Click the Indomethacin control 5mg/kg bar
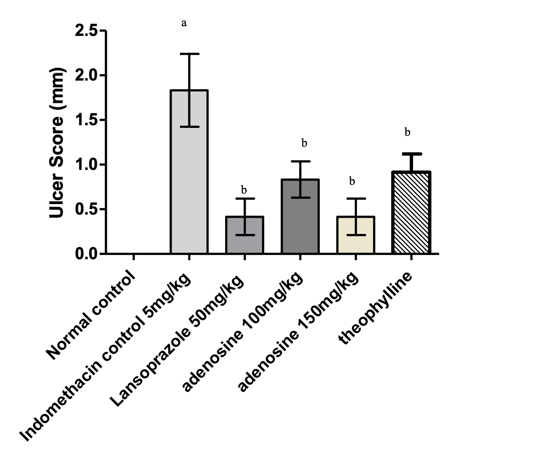[x=189, y=175]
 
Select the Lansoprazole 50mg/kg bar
[x=244, y=236]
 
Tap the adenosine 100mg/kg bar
[x=300, y=219]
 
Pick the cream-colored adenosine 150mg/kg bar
[x=356, y=236]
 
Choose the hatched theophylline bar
[x=412, y=215]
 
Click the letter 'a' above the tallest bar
[x=184, y=23]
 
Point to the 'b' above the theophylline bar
[x=407, y=132]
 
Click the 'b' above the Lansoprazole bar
[x=244, y=190]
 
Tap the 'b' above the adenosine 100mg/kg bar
[x=304, y=143]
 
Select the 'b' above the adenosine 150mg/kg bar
[x=352, y=181]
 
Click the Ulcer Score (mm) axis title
[x=57, y=144]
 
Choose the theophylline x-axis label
[x=377, y=309]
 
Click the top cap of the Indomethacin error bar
[x=189, y=54]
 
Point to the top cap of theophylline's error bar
[x=412, y=154]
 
